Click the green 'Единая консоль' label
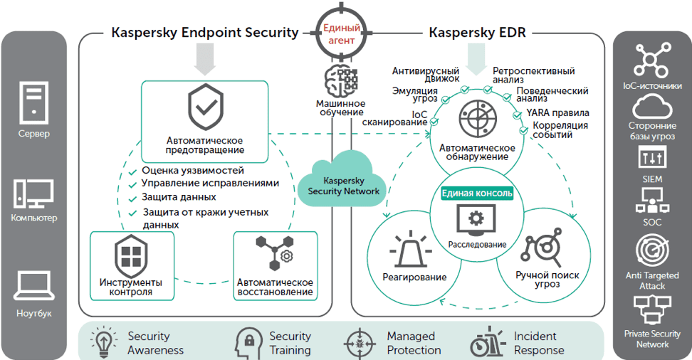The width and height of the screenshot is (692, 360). pyautogui.click(x=477, y=193)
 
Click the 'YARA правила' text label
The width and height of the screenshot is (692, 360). pyautogui.click(x=558, y=112)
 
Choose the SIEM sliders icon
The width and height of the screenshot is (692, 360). pyautogui.click(x=652, y=159)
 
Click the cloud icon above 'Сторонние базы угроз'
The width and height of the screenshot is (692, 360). pyautogui.click(x=652, y=108)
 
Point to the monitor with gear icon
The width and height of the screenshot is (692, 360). pyautogui.click(x=477, y=220)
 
